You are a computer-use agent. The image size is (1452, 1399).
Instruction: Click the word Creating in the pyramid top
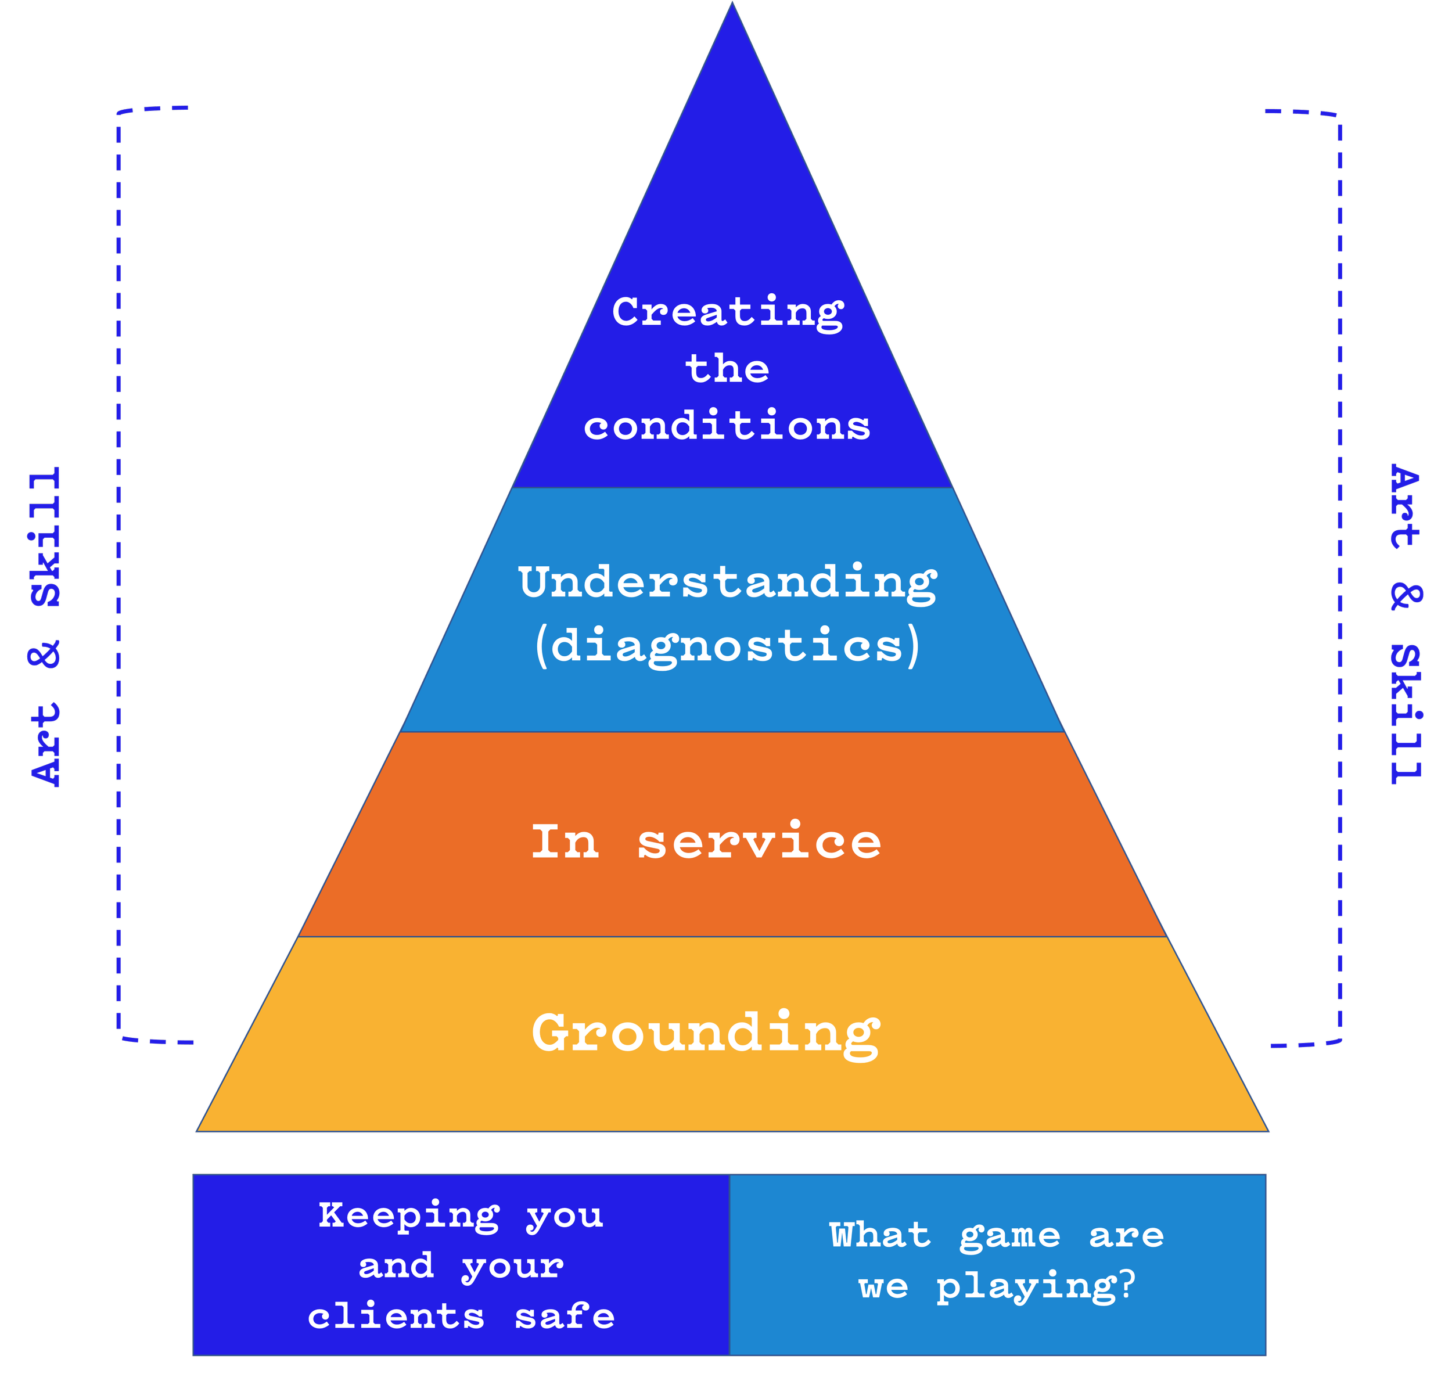[x=728, y=312]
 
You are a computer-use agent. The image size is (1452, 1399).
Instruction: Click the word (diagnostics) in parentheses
[x=728, y=645]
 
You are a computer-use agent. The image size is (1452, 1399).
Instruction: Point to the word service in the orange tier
[x=759, y=842]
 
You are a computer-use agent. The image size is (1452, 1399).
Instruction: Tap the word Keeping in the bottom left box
[x=409, y=1215]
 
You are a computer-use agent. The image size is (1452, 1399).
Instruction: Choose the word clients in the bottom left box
[x=396, y=1316]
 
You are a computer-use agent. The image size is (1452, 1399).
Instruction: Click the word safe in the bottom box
[x=565, y=1316]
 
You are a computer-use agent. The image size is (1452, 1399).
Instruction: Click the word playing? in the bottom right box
[x=1036, y=1287]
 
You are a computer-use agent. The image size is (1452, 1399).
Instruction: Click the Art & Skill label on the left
[x=46, y=627]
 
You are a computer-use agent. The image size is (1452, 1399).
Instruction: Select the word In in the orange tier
[x=565, y=842]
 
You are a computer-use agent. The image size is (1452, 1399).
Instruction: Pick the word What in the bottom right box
[x=879, y=1235]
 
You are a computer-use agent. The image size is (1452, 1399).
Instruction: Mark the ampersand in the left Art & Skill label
[x=46, y=654]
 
